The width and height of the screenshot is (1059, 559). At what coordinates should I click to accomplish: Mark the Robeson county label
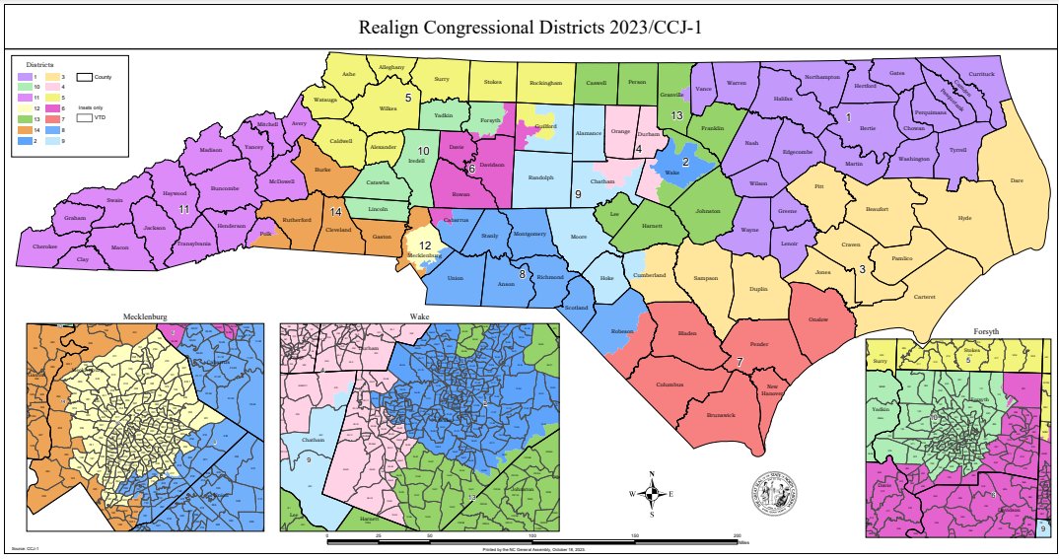[622, 331]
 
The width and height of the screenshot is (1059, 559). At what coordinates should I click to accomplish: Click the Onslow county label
[815, 318]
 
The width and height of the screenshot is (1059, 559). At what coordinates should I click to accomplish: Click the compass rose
[652, 493]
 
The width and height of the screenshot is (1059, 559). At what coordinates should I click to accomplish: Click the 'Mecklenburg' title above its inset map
[145, 316]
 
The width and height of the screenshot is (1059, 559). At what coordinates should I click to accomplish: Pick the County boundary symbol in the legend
[84, 76]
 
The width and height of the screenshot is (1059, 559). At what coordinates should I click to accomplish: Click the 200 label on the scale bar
[738, 536]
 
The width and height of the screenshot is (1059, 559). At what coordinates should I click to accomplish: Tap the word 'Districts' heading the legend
[39, 63]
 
